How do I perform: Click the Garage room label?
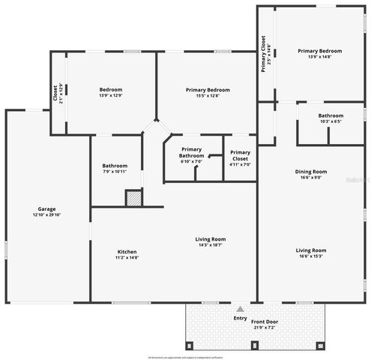(x=47, y=209)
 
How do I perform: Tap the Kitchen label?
(x=127, y=251)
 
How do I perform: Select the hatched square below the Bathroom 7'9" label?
(x=133, y=198)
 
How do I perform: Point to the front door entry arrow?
(x=240, y=308)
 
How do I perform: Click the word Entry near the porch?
(x=240, y=318)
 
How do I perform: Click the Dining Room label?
(x=310, y=172)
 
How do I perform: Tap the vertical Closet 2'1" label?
(x=56, y=93)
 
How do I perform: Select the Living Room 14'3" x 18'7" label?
(x=211, y=241)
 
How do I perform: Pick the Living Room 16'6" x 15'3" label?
(x=310, y=253)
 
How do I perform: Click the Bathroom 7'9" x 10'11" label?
(x=115, y=168)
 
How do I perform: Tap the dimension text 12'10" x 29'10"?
(x=47, y=214)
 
